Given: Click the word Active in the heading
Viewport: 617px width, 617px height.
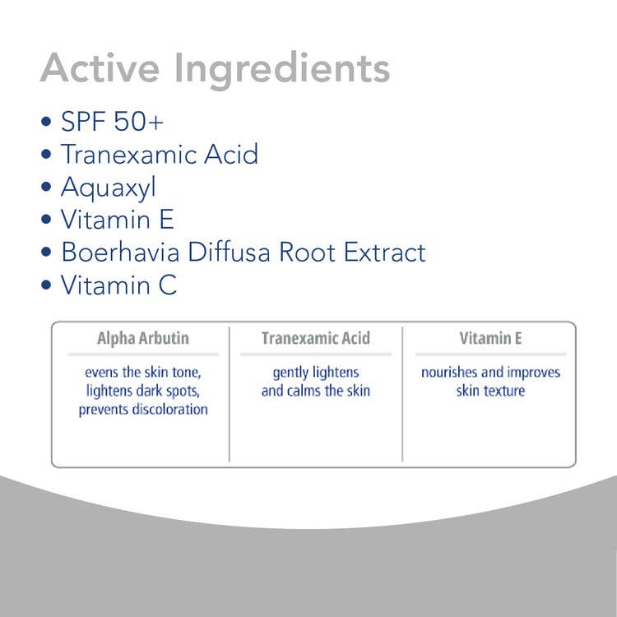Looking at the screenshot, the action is pyautogui.click(x=100, y=67).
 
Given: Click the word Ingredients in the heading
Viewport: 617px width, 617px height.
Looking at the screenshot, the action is pyautogui.click(x=282, y=71).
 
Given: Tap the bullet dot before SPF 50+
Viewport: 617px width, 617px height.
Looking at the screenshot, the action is pyautogui.click(x=46, y=121).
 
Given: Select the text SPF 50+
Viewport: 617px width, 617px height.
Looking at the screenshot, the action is pyautogui.click(x=112, y=121).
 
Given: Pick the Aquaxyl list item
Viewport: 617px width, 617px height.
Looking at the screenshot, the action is pyautogui.click(x=109, y=188).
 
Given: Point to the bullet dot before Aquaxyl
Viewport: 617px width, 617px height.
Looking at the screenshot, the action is pyautogui.click(x=46, y=187).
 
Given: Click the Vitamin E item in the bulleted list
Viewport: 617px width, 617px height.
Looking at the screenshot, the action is pyautogui.click(x=118, y=219).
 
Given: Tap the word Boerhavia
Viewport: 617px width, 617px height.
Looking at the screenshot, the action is pyautogui.click(x=120, y=252).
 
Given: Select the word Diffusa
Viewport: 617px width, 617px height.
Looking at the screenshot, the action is pyautogui.click(x=229, y=252).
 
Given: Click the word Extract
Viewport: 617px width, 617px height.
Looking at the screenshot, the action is pyautogui.click(x=384, y=252).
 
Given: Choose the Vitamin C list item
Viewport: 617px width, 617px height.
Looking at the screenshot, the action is pyautogui.click(x=118, y=285).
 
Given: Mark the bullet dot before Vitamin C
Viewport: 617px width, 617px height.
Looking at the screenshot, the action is pyautogui.click(x=46, y=285).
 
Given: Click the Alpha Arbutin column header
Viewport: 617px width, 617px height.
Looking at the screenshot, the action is pyautogui.click(x=143, y=339).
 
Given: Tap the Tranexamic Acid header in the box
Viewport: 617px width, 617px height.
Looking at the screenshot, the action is pyautogui.click(x=316, y=338).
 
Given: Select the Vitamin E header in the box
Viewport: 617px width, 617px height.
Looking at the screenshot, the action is pyautogui.click(x=490, y=338).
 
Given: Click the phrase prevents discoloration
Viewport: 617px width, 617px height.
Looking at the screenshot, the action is pyautogui.click(x=143, y=410).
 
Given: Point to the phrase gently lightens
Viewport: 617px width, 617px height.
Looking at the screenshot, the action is pyautogui.click(x=316, y=373).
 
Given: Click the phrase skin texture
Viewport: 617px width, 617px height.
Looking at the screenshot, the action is pyautogui.click(x=490, y=391).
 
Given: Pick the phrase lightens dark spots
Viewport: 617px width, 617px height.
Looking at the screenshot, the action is pyautogui.click(x=143, y=391).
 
